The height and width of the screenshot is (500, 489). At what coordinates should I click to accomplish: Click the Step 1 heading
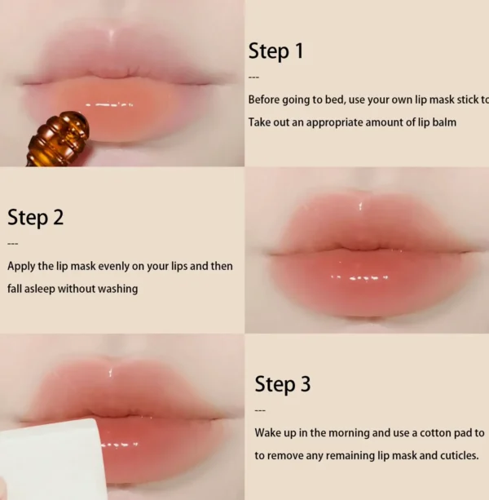click(x=275, y=51)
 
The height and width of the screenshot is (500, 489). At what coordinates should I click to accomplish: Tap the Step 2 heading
click(x=35, y=218)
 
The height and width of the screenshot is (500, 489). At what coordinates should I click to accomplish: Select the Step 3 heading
click(x=283, y=384)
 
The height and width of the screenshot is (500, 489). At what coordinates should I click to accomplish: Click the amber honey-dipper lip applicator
click(x=57, y=139)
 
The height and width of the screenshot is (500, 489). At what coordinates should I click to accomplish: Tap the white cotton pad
click(x=52, y=459)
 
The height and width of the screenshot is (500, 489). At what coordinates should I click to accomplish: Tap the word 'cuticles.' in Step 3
click(x=460, y=456)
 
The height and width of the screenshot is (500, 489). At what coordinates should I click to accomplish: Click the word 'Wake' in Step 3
click(x=267, y=433)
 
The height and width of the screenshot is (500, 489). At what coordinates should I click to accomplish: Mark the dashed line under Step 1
click(x=254, y=77)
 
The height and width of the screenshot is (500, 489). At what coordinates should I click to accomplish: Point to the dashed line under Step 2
click(x=13, y=244)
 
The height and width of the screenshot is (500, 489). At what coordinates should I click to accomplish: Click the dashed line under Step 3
click(x=260, y=410)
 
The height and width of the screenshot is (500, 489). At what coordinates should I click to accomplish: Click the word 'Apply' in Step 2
click(x=21, y=267)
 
